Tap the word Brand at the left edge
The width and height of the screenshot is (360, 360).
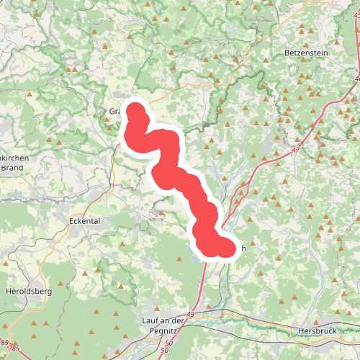12,167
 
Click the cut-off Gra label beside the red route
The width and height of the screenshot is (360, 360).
114,112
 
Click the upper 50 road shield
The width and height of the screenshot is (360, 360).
169,343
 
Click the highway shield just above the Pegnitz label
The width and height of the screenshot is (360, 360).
190,314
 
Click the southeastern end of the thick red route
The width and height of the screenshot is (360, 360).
226,249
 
